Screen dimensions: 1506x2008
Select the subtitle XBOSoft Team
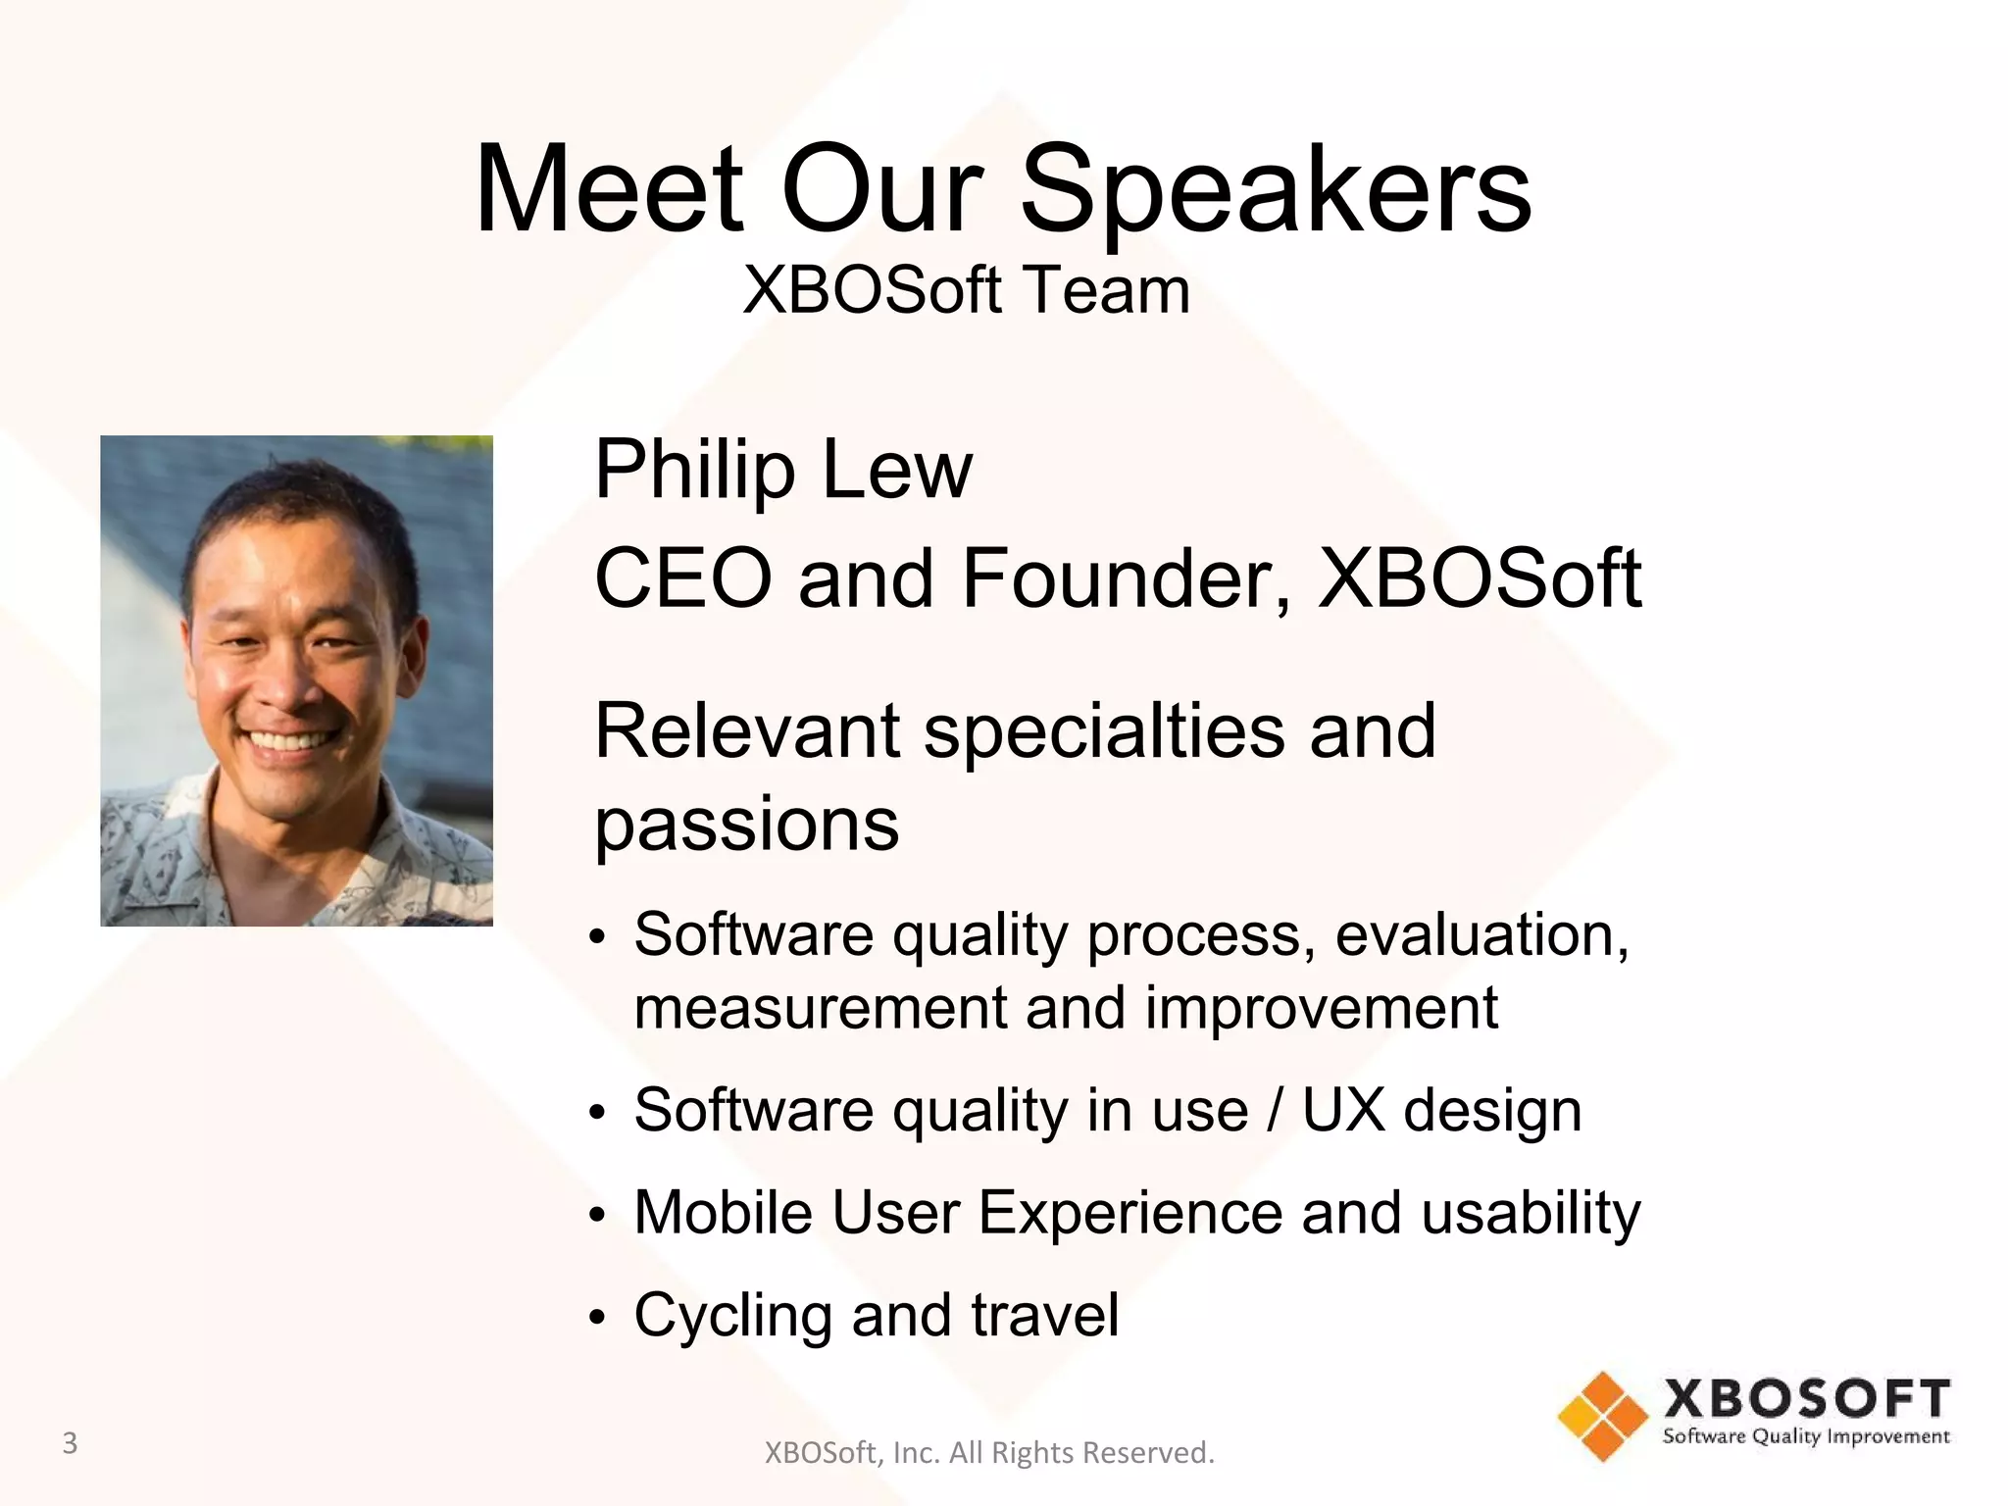click(x=967, y=290)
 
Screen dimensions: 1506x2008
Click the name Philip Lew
click(x=782, y=471)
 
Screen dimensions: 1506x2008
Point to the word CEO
click(x=683, y=578)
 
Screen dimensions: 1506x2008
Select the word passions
click(x=746, y=824)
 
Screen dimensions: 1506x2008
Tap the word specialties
click(x=1104, y=731)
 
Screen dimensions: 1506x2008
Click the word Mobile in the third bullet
click(x=724, y=1213)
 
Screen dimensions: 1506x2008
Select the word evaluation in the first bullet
click(x=1481, y=934)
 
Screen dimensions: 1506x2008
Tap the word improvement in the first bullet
click(x=1321, y=1008)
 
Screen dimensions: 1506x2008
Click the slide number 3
click(x=70, y=1443)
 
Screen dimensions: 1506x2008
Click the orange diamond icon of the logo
click(x=1603, y=1416)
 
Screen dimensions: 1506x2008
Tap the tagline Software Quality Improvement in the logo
click(x=1806, y=1437)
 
